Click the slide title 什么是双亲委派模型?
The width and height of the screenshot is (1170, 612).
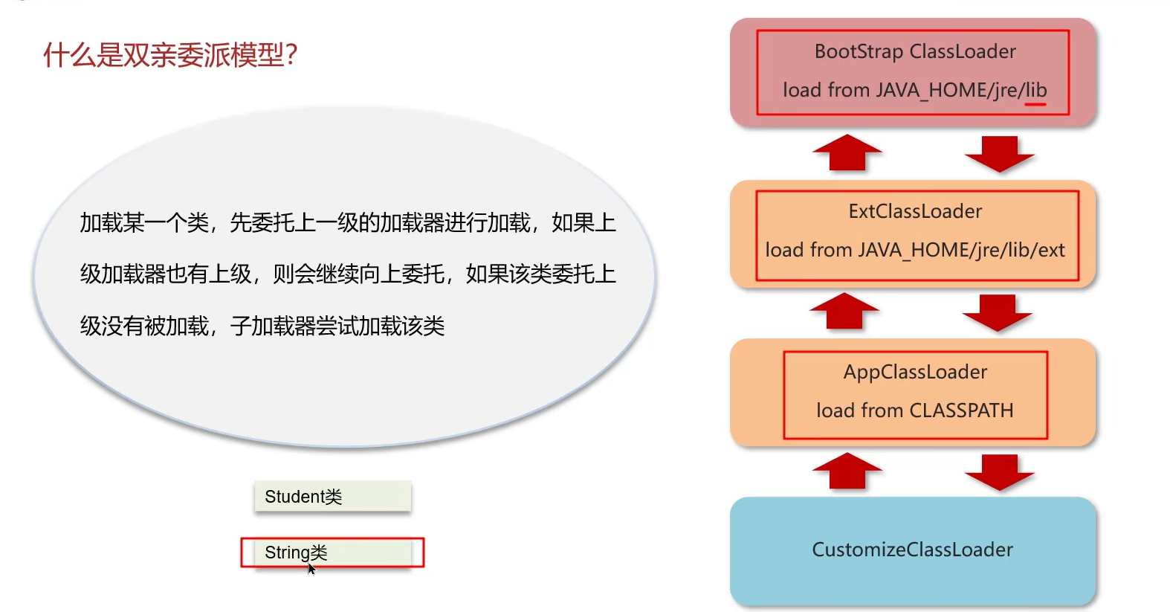pyautogui.click(x=170, y=55)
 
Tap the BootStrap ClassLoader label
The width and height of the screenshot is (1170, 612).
pyautogui.click(x=915, y=51)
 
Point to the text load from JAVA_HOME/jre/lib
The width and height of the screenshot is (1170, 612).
pyautogui.click(x=914, y=90)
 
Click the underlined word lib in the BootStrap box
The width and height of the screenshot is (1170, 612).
pyautogui.click(x=1035, y=90)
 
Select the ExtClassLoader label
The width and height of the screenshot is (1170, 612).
pyautogui.click(x=915, y=211)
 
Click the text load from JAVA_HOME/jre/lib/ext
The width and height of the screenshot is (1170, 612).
pyautogui.click(x=915, y=250)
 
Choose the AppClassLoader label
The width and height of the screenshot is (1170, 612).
pyautogui.click(x=915, y=372)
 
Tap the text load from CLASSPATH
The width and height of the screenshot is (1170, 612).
pyautogui.click(x=914, y=410)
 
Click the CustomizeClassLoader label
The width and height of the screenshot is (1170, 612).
pyautogui.click(x=912, y=550)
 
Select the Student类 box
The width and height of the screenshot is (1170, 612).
pyautogui.click(x=332, y=497)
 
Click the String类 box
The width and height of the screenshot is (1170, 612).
pyautogui.click(x=332, y=553)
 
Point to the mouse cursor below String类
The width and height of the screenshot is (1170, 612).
pyautogui.click(x=311, y=569)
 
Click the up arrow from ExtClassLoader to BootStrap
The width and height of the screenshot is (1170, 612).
pyautogui.click(x=847, y=152)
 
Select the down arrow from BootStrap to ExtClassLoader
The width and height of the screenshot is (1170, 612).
pyautogui.click(x=999, y=154)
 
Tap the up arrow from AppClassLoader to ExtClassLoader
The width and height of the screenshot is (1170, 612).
pyautogui.click(x=844, y=311)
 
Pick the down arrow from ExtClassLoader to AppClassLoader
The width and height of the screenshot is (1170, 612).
pyautogui.click(x=997, y=312)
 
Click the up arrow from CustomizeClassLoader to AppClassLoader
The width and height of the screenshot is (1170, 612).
pyautogui.click(x=847, y=471)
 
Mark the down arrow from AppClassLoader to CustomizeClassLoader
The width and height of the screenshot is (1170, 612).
pyautogui.click(x=999, y=472)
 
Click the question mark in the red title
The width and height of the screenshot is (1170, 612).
pyautogui.click(x=291, y=55)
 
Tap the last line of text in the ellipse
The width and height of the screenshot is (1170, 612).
pyautogui.click(x=262, y=326)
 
